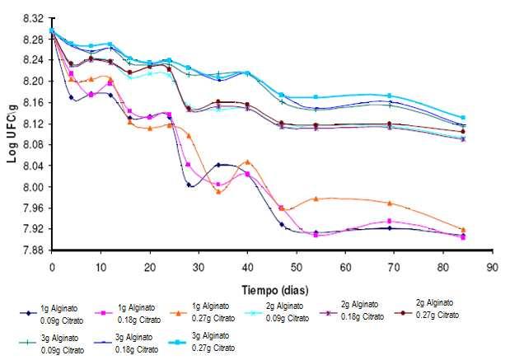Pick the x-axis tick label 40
[x=247, y=268]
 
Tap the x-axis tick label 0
[x=52, y=268]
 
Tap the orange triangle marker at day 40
[x=248, y=161]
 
